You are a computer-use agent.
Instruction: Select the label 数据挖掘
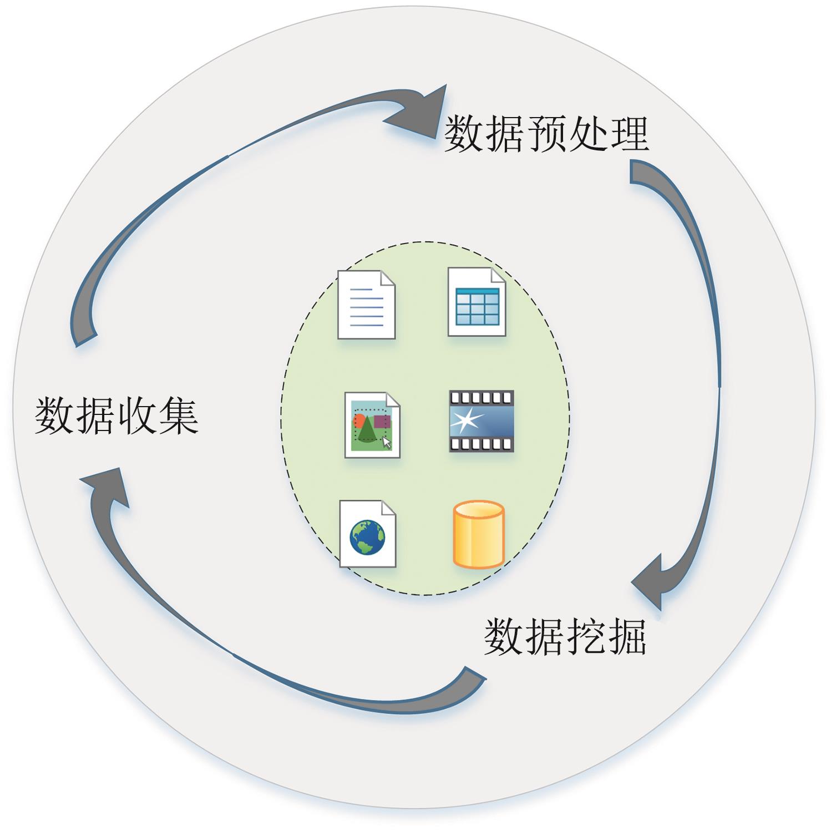coord(565,637)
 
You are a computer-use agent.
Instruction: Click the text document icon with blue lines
coord(367,305)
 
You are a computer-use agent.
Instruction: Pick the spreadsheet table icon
coord(477,302)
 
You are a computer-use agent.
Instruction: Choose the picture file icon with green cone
coord(372,425)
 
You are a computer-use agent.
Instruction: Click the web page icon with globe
coord(367,534)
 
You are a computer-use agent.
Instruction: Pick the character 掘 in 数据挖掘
coord(626,637)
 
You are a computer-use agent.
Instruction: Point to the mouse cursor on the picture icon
coord(387,443)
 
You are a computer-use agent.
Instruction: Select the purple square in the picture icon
coord(382,421)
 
